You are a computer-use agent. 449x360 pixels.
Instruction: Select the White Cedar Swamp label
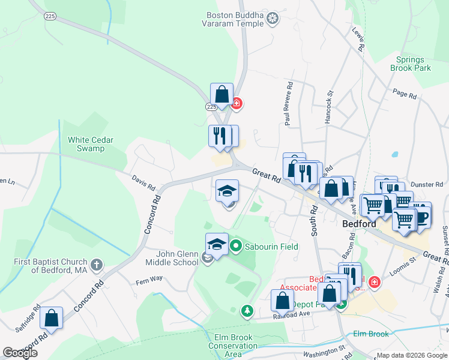click(x=91, y=144)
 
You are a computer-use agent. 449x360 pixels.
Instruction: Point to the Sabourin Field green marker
click(x=236, y=245)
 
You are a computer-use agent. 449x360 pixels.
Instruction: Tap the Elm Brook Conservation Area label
click(x=233, y=346)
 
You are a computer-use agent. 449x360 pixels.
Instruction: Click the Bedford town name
click(x=359, y=224)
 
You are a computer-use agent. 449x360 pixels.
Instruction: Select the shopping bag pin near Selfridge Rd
click(x=52, y=318)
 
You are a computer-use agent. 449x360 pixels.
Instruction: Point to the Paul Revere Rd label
click(x=289, y=103)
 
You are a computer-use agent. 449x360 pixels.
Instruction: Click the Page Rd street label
click(x=404, y=94)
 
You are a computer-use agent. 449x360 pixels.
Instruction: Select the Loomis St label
click(x=404, y=262)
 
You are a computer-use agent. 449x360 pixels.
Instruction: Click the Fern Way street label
click(x=149, y=280)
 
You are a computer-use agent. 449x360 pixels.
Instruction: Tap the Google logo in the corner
click(x=20, y=353)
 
